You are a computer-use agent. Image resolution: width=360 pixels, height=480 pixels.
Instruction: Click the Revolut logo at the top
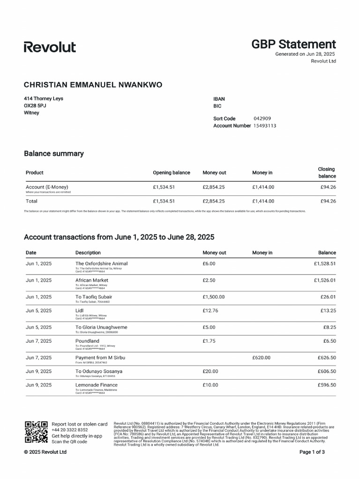point(50,47)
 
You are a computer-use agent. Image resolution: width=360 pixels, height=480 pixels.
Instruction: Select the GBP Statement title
point(293,45)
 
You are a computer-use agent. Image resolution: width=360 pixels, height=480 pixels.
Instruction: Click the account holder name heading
point(93,85)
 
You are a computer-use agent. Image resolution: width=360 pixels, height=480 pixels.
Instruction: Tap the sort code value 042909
point(262,119)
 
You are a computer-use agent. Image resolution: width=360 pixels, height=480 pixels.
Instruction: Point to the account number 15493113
point(264,126)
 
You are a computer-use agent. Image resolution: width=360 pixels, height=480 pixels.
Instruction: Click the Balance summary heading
point(54,153)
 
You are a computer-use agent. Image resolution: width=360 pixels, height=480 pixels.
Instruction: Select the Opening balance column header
point(172,172)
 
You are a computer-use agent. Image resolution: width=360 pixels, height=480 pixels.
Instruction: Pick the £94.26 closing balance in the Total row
point(328,201)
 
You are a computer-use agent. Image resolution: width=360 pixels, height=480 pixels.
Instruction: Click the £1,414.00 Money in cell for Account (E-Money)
point(263,187)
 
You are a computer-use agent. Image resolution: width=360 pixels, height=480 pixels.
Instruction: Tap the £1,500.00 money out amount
point(213,297)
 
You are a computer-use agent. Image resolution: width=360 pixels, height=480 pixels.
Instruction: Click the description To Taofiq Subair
point(94,297)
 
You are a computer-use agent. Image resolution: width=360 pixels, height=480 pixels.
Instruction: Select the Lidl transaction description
point(80,310)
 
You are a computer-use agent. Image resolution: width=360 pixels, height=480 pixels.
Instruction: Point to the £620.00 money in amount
point(261,358)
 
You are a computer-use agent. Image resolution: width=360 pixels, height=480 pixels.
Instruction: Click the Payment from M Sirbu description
point(100,358)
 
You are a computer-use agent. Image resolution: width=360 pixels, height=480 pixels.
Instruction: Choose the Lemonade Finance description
point(97,385)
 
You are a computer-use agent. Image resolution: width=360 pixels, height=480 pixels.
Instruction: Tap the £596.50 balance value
point(327,385)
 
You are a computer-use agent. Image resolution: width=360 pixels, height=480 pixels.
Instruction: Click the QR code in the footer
point(36,432)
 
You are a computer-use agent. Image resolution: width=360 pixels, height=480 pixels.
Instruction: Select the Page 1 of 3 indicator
point(312,452)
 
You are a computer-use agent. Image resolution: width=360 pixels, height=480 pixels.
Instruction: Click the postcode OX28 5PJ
point(35,105)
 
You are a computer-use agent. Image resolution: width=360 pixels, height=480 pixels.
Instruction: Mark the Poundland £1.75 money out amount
point(209,341)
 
